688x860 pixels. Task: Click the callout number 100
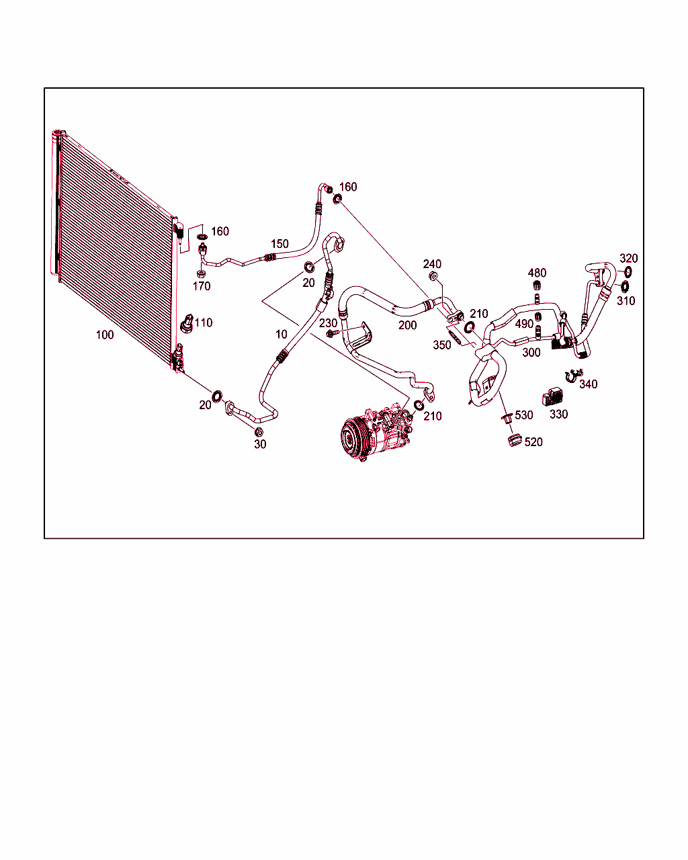105,335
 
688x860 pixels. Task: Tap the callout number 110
204,322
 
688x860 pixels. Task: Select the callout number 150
279,244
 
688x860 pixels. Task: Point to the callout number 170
202,286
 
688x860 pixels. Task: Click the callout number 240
432,264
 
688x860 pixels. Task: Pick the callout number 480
537,273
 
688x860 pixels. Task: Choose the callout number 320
629,258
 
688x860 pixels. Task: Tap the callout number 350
442,345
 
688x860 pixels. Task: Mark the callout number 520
533,442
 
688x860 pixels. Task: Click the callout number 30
260,444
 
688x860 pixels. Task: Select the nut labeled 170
201,273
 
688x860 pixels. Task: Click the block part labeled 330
554,396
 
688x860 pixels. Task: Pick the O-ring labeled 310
624,286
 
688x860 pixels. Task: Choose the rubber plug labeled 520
515,440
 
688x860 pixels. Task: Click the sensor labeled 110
187,324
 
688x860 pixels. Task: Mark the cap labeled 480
537,286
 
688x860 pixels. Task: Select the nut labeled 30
259,432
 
